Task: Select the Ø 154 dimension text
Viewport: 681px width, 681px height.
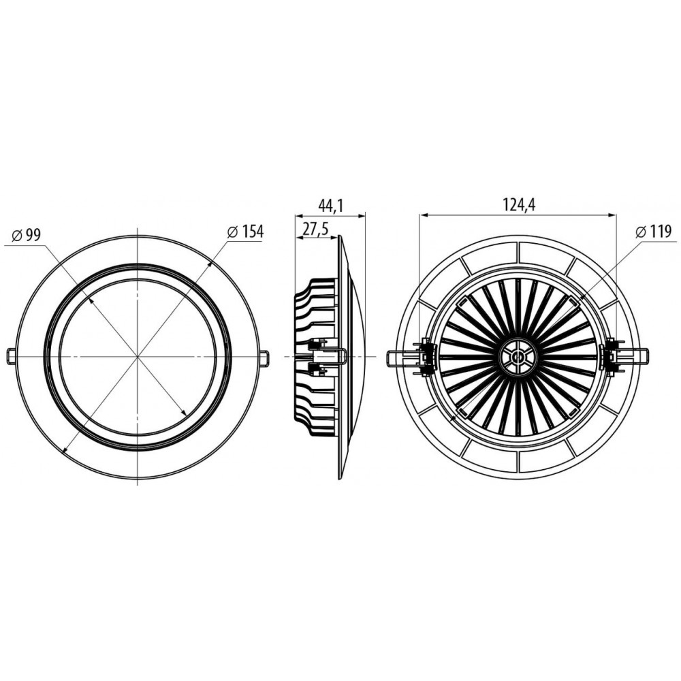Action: pos(245,232)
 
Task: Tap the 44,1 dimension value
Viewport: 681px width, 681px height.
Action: pos(331,206)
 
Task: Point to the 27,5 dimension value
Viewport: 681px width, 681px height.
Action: pos(315,229)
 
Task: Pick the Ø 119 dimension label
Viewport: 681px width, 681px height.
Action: pos(653,232)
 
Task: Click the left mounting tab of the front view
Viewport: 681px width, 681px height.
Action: pos(12,356)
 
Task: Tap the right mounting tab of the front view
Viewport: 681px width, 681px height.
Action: pos(264,356)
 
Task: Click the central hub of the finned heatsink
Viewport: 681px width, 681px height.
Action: pos(518,357)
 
